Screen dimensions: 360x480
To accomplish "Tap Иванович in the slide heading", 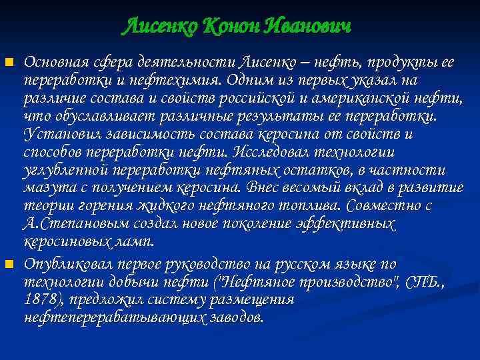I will tap(307, 27).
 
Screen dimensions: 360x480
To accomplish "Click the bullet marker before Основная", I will tap(9, 63).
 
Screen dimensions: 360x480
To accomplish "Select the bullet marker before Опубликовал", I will tap(9, 265).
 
